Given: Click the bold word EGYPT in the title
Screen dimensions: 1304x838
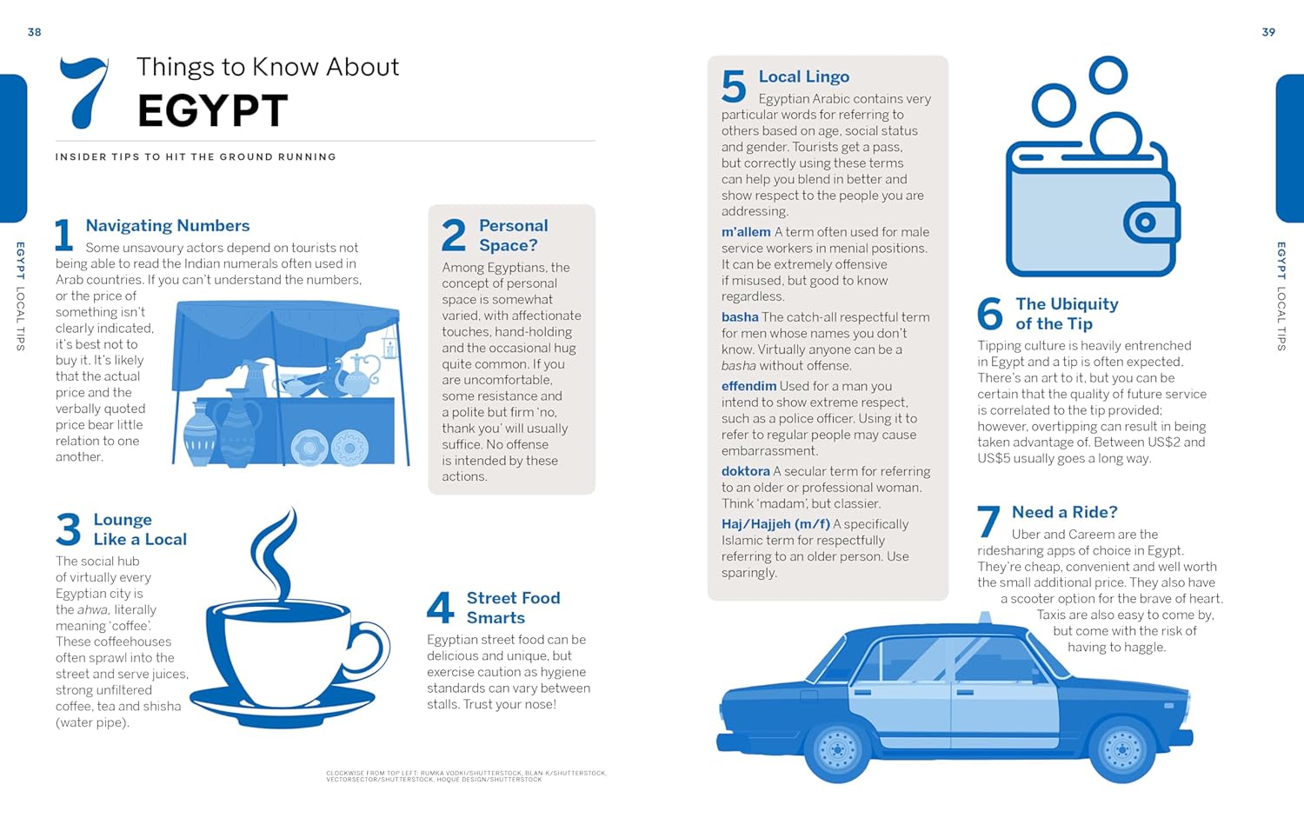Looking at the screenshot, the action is point(212,110).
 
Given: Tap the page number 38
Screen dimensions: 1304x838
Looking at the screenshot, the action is point(35,32).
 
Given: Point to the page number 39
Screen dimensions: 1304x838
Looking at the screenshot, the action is point(1268,32).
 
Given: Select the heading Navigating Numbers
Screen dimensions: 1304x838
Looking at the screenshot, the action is point(168,226).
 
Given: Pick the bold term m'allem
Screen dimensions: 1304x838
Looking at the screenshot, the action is point(746,231).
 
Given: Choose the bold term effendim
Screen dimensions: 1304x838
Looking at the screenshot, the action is point(748,386).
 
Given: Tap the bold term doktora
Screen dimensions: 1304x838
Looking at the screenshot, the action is point(745,471).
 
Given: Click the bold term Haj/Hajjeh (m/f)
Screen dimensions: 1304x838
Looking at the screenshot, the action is point(775,524).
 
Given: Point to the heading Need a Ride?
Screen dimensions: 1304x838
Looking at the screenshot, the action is point(1065,512).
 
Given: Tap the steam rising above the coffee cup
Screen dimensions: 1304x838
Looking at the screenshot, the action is point(275,553).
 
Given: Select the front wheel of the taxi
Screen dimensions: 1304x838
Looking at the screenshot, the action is point(1121,749).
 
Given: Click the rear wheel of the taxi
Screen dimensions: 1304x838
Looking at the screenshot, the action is point(838,749).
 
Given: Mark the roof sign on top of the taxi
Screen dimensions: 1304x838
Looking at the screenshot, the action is point(985,617).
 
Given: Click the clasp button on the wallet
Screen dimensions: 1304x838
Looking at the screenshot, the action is point(1145,223).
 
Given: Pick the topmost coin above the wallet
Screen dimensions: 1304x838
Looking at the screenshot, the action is point(1108,75).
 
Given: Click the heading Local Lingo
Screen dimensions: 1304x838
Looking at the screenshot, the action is point(804,76).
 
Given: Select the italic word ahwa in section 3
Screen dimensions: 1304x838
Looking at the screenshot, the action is point(92,610).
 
